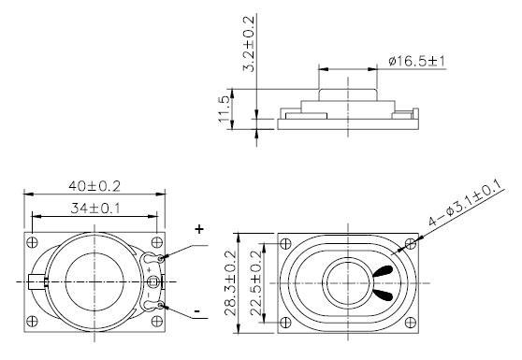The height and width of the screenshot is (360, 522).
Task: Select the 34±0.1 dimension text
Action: click(x=93, y=206)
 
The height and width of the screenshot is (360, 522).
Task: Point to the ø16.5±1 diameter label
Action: click(x=415, y=62)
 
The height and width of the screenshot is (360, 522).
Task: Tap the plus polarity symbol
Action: click(x=198, y=229)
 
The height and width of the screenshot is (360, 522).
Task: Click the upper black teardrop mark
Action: click(x=384, y=272)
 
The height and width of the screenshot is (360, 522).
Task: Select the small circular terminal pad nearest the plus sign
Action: click(x=163, y=257)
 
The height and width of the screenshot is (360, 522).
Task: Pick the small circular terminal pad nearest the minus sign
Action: click(x=163, y=305)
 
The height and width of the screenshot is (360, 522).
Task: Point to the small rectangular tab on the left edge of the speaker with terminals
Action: click(x=36, y=281)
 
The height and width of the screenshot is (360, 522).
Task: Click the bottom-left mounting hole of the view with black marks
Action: click(x=288, y=321)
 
